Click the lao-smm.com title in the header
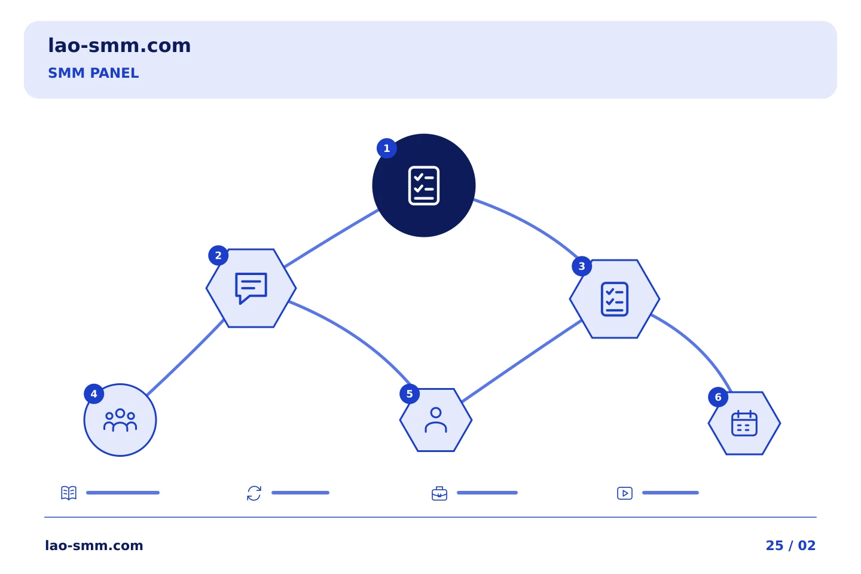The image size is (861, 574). point(119,45)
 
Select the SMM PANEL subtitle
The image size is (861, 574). point(93,73)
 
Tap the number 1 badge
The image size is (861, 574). point(387,148)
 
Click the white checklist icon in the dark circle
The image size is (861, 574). point(423,186)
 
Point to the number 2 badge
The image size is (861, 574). point(218,256)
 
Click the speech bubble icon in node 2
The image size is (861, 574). point(251,288)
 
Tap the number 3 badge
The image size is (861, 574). point(582,266)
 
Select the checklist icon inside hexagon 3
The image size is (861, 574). point(614,299)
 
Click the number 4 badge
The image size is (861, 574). point(94,393)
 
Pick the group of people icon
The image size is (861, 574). point(120,420)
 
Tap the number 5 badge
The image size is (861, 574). point(410,393)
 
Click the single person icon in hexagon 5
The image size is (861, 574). point(435,420)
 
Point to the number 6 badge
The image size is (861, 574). point(718,397)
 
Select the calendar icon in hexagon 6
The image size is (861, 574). point(744,423)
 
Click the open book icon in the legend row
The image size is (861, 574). point(69,493)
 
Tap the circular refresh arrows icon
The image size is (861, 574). point(254,493)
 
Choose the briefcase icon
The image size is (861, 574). point(439,494)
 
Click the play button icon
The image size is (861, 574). point(625,493)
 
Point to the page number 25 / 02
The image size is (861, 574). point(790,545)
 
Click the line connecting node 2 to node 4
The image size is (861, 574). point(185,358)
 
